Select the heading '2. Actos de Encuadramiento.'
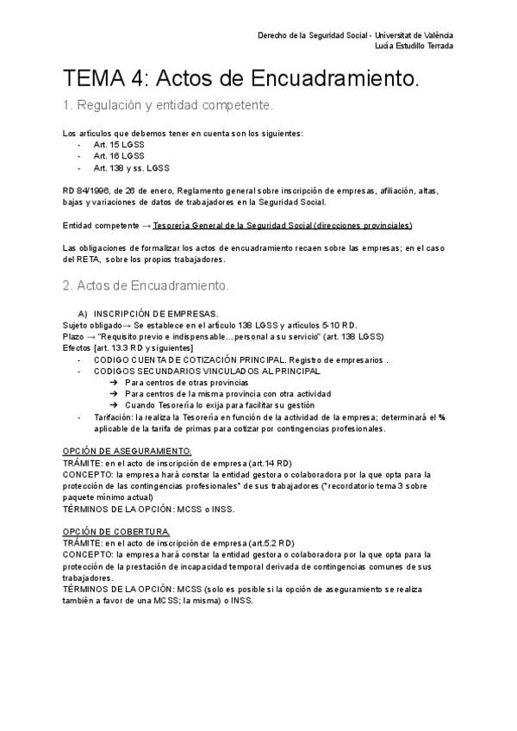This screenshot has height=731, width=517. coord(146,285)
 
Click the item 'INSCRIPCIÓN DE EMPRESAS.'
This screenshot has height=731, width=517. coord(155,313)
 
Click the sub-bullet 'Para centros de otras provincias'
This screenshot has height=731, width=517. coord(186,381)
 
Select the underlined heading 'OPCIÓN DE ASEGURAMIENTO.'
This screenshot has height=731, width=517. coord(128,451)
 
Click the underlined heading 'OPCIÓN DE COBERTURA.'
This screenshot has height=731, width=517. coord(117,532)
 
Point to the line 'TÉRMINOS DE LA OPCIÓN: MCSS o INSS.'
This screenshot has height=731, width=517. coord(149,509)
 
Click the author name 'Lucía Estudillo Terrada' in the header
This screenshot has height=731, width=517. coord(410,46)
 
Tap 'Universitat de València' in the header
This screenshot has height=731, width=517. coord(415,35)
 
